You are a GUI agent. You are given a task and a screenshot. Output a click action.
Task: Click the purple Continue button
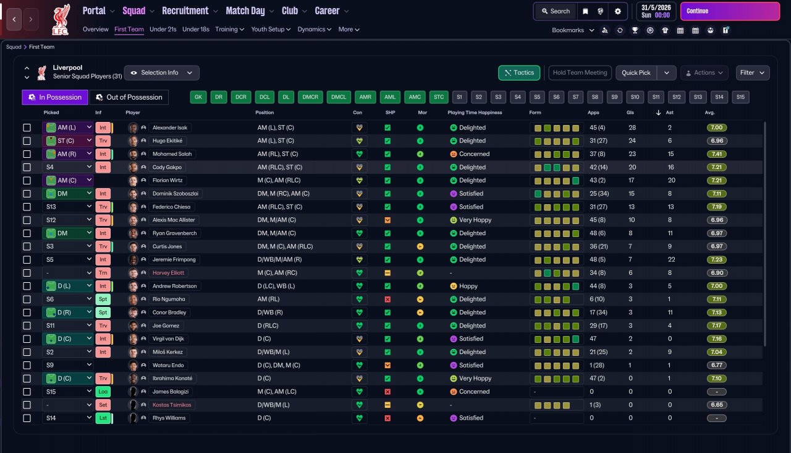click(x=730, y=11)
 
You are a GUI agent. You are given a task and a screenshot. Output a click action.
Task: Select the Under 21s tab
click(x=163, y=29)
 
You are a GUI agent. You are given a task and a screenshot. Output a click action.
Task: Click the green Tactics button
click(x=519, y=73)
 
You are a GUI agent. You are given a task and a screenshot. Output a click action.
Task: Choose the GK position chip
click(x=198, y=97)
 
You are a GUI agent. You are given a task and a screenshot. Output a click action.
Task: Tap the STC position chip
click(x=439, y=97)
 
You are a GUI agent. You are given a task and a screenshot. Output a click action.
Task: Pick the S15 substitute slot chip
click(x=740, y=97)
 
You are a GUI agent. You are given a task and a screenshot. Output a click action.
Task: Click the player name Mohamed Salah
click(x=172, y=154)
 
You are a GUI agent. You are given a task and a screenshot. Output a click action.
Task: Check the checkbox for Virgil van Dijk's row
click(x=27, y=339)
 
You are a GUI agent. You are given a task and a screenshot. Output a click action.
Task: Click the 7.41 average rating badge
click(x=716, y=154)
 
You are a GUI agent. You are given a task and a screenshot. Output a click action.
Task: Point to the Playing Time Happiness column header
click(x=475, y=113)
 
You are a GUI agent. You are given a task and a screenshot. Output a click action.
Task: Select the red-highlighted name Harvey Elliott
click(x=168, y=273)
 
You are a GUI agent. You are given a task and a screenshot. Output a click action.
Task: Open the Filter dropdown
click(x=753, y=73)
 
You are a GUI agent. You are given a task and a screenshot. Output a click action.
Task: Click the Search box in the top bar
click(x=556, y=11)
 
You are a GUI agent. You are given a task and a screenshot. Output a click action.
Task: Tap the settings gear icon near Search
click(x=617, y=11)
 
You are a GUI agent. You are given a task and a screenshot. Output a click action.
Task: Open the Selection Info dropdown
click(x=162, y=73)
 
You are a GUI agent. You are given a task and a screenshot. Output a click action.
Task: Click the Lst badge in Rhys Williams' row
click(x=103, y=418)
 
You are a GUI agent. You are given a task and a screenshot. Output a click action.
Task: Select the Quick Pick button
click(x=636, y=73)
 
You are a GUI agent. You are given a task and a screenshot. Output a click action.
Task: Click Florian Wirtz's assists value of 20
click(x=671, y=180)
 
